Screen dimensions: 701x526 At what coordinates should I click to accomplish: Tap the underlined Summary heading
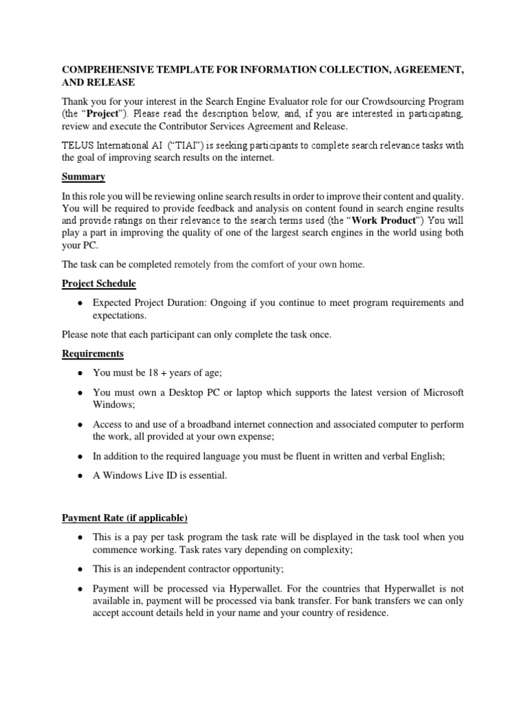click(83, 177)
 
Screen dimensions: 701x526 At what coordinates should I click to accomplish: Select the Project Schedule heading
click(99, 283)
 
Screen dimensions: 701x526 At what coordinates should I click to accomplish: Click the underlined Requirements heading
click(92, 354)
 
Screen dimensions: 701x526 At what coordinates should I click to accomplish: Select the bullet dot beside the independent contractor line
click(80, 570)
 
